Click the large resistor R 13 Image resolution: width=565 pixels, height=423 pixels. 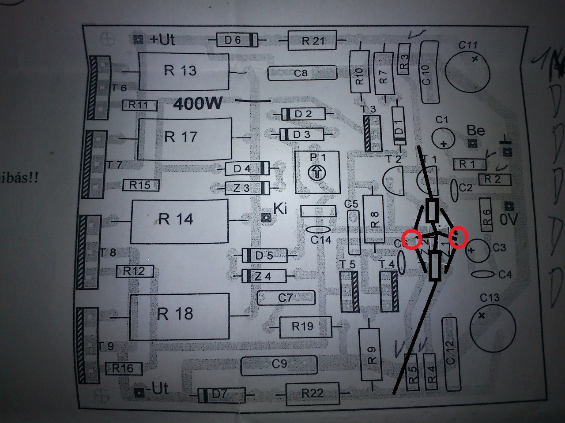[x=184, y=71]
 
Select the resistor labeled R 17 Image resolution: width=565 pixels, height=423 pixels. [x=185, y=138]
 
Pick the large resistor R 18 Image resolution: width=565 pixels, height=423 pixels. [x=179, y=316]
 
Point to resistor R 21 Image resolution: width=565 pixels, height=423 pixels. [x=312, y=41]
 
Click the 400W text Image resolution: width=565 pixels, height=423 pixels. [x=198, y=104]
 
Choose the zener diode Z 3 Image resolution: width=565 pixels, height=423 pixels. [x=247, y=188]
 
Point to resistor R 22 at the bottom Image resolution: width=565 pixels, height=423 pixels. [x=312, y=393]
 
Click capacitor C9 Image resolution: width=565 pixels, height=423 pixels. [x=279, y=364]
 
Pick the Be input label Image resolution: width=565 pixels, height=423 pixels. [x=476, y=131]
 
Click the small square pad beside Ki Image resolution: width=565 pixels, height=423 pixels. [x=266, y=217]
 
